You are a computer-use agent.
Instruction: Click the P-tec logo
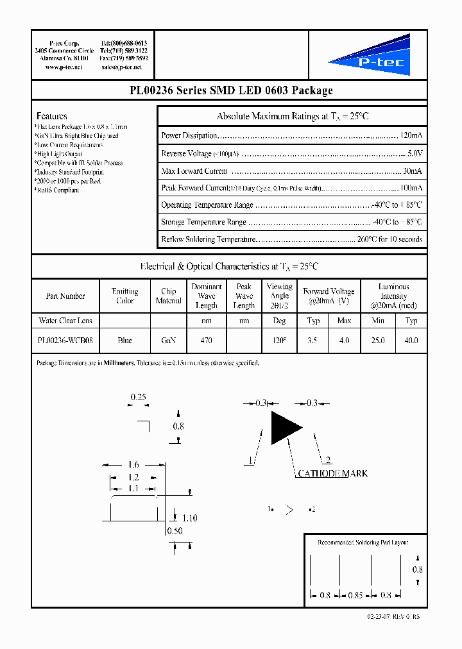pos(370,56)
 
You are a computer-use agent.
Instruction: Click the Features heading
pos(52,116)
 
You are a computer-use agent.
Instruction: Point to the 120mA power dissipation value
pos(411,136)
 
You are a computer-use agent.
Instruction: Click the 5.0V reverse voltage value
pos(415,153)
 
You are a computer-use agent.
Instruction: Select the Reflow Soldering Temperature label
pos(209,239)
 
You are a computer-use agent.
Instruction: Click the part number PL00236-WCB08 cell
pos(65,341)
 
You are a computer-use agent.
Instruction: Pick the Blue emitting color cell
pos(125,341)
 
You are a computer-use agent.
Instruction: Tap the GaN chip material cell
pos(169,341)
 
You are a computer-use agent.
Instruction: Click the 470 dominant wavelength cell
pos(206,341)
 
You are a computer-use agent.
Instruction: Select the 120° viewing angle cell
pos(279,341)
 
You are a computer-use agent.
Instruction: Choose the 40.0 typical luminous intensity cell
pos(411,341)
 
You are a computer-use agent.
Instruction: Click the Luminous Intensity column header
pos(393,296)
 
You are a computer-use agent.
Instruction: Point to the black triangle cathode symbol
pos(284,428)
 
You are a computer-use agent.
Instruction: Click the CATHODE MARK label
pos(332,473)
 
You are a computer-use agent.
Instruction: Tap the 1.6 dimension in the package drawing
pos(133,464)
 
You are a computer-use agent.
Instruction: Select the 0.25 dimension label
pos(139,398)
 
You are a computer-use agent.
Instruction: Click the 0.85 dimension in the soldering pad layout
pos(355,595)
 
